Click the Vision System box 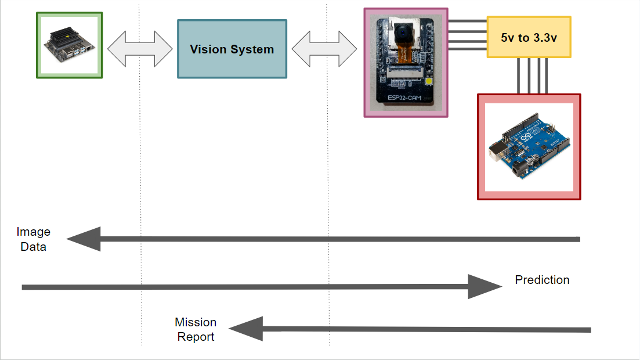232,49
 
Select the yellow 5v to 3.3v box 529,37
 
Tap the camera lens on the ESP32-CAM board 400,35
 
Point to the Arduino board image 529,147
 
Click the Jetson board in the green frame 69,45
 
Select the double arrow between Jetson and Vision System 140,48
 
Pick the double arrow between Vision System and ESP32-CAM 324,48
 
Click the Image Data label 34,239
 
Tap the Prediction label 542,280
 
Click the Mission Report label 196,329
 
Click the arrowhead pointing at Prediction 484,286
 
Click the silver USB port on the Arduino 497,153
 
